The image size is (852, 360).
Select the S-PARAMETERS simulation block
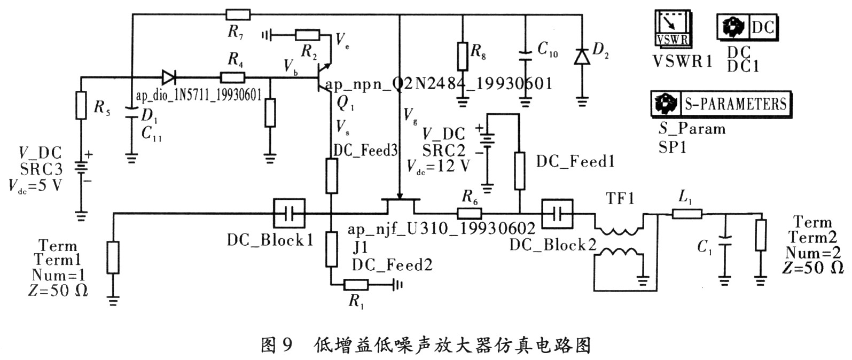pyautogui.click(x=721, y=104)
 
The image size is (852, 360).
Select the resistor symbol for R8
pyautogui.click(x=463, y=54)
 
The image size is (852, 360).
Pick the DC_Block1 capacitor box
pyautogui.click(x=289, y=214)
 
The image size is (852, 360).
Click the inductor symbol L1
pyautogui.click(x=686, y=214)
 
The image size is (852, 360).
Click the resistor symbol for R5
pyautogui.click(x=81, y=105)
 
